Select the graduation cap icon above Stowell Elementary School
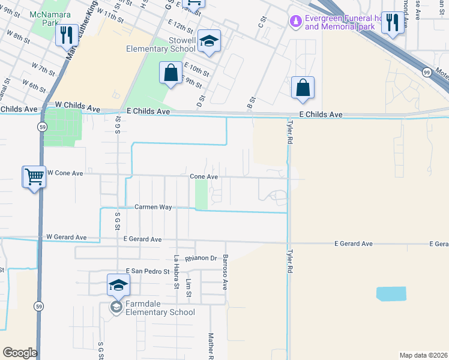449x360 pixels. click(209, 40)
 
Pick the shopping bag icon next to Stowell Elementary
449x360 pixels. click(171, 73)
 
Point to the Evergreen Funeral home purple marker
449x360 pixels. click(295, 22)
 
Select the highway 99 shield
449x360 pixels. click(426, 72)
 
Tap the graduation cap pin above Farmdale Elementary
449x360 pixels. click(119, 284)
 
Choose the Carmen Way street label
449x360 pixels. click(153, 207)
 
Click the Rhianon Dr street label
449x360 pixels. click(200, 258)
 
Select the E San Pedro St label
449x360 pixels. click(148, 271)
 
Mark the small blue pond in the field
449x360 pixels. click(390, 294)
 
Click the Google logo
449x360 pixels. click(20, 353)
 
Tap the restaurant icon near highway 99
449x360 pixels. click(392, 23)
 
